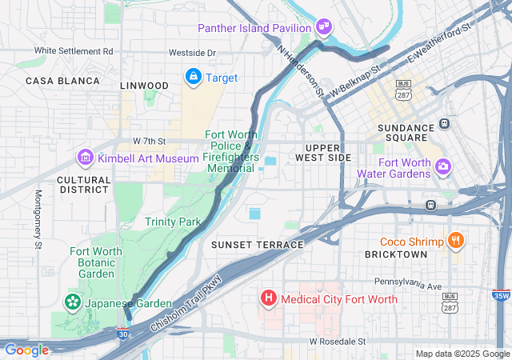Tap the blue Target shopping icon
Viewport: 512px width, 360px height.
tap(193, 77)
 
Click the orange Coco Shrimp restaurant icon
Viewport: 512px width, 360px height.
tap(455, 241)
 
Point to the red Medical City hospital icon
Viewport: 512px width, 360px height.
tap(269, 299)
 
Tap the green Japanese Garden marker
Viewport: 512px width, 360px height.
tap(72, 303)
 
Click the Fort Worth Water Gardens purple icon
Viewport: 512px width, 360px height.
tap(443, 166)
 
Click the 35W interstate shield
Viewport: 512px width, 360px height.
tap(500, 295)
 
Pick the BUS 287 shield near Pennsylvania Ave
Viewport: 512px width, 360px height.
tap(450, 301)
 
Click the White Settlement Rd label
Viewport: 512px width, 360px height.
tap(74, 50)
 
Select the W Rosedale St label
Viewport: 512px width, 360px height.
tap(338, 341)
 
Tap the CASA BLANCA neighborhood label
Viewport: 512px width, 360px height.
tap(62, 81)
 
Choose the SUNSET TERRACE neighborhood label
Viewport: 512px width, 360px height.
tap(257, 244)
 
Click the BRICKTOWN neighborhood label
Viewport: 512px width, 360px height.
tap(396, 254)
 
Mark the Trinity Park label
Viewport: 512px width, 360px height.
tap(172, 221)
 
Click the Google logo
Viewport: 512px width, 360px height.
tap(26, 350)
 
